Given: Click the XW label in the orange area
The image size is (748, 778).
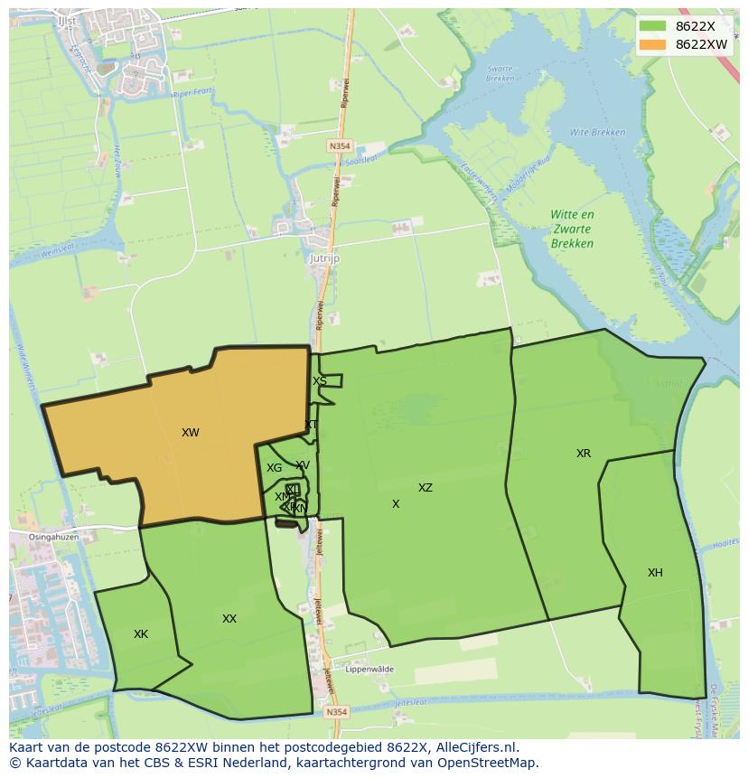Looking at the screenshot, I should pyautogui.click(x=190, y=433).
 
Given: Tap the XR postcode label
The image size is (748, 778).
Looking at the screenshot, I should pyautogui.click(x=584, y=454).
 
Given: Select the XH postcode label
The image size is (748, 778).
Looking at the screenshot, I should pyautogui.click(x=655, y=573).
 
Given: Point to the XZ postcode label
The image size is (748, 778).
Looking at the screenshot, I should pyautogui.click(x=425, y=488).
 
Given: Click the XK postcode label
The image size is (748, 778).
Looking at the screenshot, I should pyautogui.click(x=141, y=634).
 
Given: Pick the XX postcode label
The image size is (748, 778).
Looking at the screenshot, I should pyautogui.click(x=229, y=619).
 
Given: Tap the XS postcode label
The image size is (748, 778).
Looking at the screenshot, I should pyautogui.click(x=320, y=381).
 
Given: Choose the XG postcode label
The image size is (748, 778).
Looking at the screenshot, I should pyautogui.click(x=274, y=468).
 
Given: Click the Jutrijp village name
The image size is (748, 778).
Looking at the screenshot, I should pyautogui.click(x=323, y=258).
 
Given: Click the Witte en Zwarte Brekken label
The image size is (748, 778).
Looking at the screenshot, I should pyautogui.click(x=573, y=229).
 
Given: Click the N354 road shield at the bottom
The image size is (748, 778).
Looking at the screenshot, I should pyautogui.click(x=336, y=712).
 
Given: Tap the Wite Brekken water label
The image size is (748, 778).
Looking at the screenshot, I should pyautogui.click(x=597, y=133).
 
